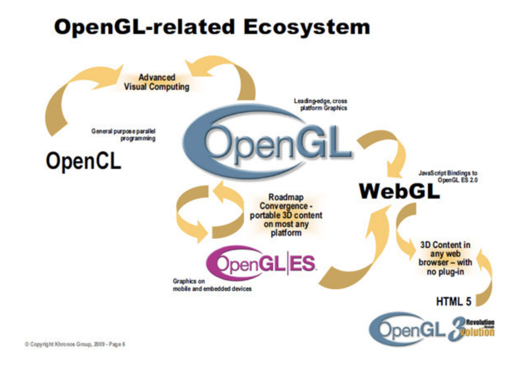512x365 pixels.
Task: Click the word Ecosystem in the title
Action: coord(306,27)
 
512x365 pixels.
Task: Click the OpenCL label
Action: coord(83,160)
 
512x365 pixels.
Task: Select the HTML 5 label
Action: coord(453,301)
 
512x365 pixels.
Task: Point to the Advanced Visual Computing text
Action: coord(157,82)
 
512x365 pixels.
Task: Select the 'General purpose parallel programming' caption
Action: coord(124,135)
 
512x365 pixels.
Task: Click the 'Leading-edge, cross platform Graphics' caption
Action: coord(321,104)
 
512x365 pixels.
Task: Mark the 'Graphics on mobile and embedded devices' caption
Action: coord(212,285)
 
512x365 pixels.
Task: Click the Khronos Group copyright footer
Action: coord(75,345)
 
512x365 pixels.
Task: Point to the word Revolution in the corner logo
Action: coord(480,322)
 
